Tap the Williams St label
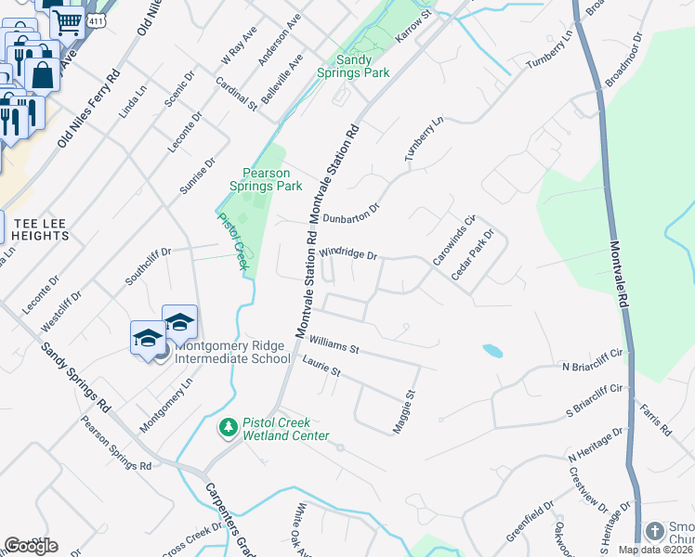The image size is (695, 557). click(334, 347)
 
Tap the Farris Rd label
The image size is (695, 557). click(655, 421)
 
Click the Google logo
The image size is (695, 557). click(30, 545)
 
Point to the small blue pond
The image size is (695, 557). click(492, 351)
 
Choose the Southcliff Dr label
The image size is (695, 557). click(149, 266)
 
